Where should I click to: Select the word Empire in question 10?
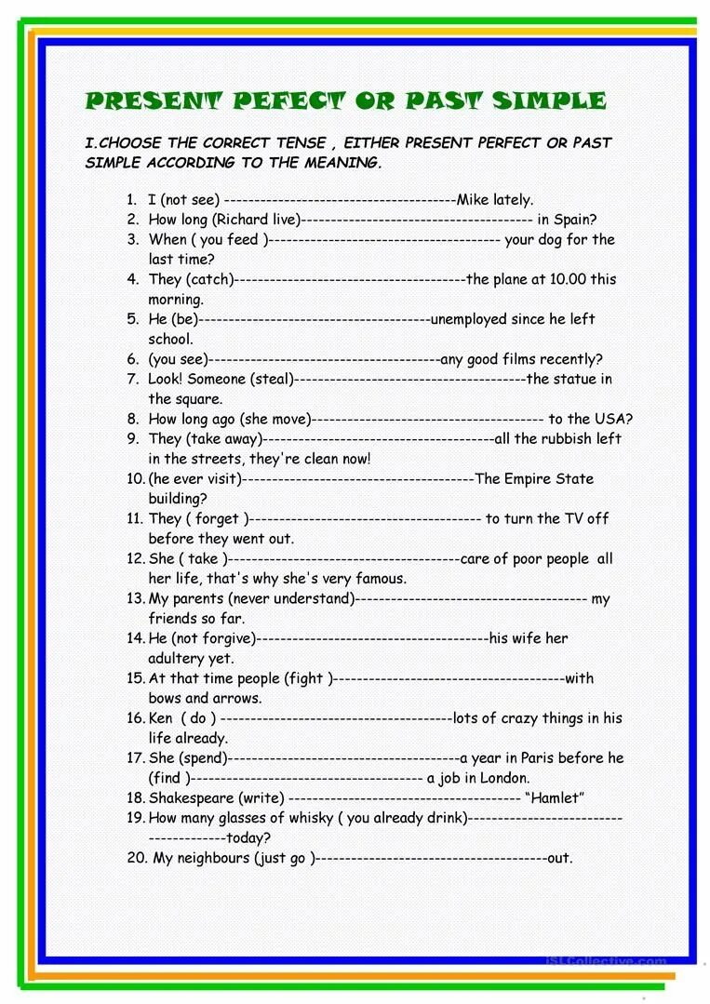point(527,478)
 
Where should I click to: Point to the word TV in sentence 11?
point(575,518)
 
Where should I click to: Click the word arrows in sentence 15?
point(239,698)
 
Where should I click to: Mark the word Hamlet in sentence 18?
point(556,798)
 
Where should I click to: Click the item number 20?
point(137,858)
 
